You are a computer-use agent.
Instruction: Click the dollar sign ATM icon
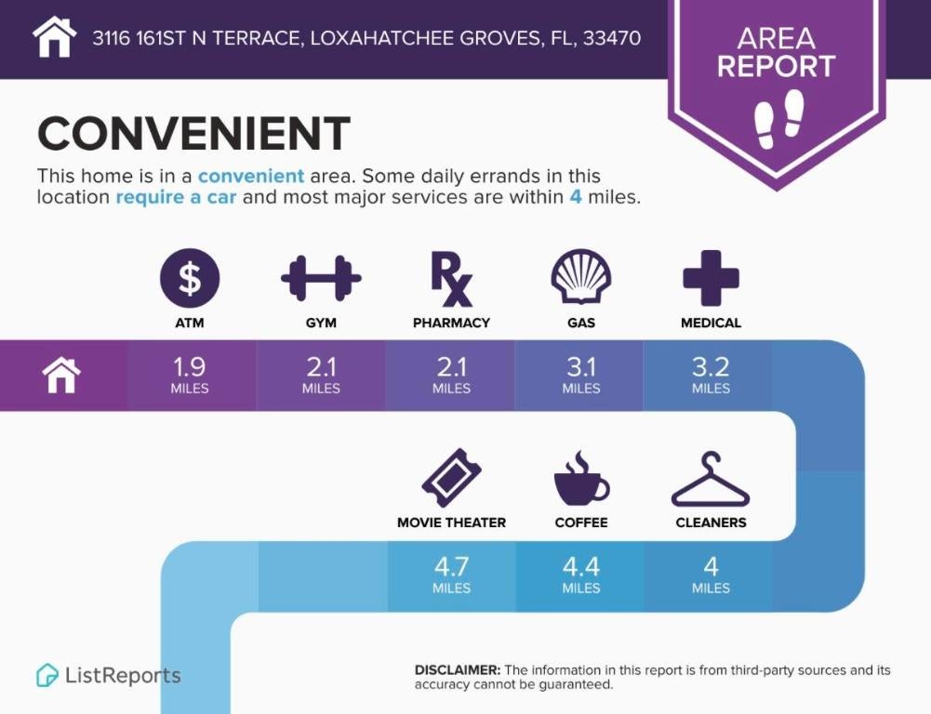190,278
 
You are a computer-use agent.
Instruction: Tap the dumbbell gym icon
321,278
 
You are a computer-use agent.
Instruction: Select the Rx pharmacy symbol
451,278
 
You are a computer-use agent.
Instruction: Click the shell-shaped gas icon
581,278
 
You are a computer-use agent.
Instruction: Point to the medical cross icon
711,278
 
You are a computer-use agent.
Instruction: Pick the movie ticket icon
451,478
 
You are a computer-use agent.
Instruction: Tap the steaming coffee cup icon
580,478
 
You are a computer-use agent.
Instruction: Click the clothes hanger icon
711,480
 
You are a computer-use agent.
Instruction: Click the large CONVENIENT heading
193,134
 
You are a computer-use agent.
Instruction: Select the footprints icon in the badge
778,119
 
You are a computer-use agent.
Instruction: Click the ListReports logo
109,675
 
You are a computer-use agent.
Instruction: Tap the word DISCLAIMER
457,670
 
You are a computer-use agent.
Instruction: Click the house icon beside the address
54,38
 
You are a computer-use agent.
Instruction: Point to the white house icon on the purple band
61,376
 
